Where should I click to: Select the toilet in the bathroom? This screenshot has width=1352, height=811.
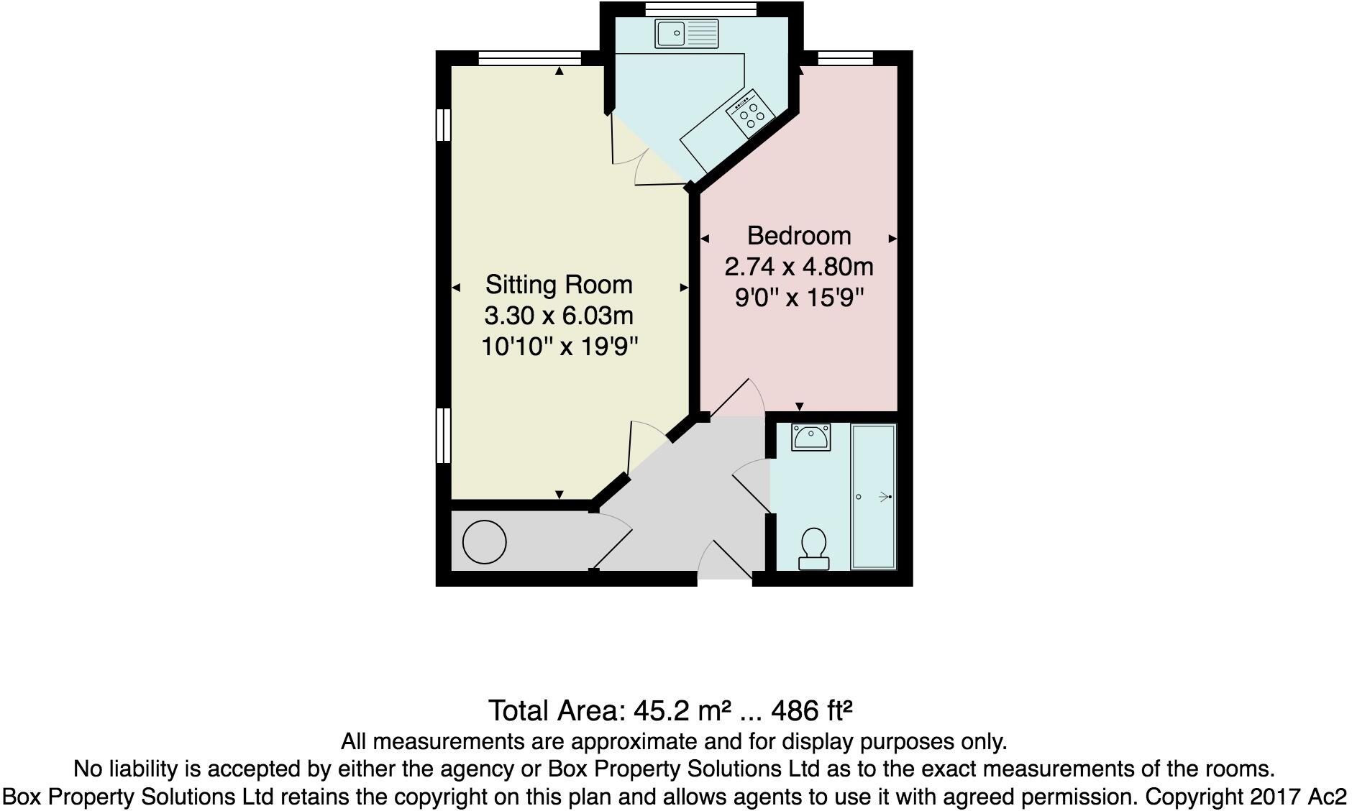pos(813,548)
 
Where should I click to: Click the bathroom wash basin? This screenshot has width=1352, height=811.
pos(810,436)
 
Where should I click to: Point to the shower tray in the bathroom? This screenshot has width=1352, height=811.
pos(874,496)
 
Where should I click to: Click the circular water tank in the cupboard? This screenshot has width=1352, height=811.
pos(484,541)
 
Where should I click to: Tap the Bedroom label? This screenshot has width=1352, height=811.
pos(798,236)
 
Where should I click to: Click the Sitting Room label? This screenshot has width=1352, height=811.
pos(559,285)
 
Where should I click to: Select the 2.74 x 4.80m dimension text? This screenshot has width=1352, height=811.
pos(798,267)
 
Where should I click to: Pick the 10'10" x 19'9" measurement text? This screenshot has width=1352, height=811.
pos(559,347)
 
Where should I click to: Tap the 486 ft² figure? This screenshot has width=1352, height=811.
pos(811,711)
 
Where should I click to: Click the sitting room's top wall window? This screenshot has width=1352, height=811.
pos(530,58)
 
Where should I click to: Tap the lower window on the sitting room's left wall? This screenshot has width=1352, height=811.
pos(444,434)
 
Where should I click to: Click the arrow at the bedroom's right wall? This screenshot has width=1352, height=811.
pos(892,238)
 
